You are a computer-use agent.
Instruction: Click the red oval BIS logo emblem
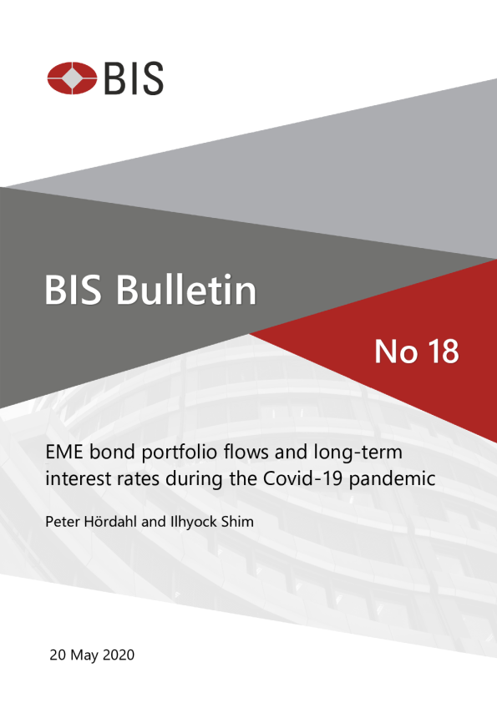(x=72, y=78)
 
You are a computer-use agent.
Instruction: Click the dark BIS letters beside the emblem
(x=134, y=78)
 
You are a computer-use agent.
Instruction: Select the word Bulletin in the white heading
(x=186, y=289)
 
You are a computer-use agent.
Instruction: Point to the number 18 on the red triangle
(x=443, y=351)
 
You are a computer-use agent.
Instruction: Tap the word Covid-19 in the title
(x=304, y=478)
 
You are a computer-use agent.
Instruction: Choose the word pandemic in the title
(x=393, y=479)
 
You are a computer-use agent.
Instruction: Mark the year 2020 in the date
(x=119, y=655)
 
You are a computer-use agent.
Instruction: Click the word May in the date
(x=84, y=656)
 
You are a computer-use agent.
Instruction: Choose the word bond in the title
(x=113, y=452)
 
